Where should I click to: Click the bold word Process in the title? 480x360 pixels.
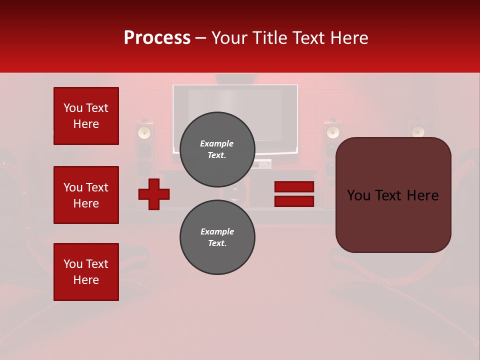(157, 38)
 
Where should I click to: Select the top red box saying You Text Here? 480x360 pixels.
(86, 116)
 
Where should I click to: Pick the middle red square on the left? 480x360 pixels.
(86, 195)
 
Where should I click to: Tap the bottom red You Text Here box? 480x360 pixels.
(86, 272)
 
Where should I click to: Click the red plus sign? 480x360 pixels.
(154, 194)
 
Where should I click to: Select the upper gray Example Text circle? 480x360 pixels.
(217, 149)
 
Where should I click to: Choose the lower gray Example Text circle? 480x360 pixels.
(217, 237)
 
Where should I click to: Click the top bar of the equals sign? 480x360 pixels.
(294, 187)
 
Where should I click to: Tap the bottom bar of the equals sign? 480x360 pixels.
(294, 201)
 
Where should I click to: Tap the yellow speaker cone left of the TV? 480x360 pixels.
(144, 132)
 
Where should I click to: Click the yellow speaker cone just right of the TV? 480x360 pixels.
(332, 132)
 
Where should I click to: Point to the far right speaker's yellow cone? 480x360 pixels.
(418, 132)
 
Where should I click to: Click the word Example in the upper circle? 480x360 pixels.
(217, 143)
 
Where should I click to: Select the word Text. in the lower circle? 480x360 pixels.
(217, 243)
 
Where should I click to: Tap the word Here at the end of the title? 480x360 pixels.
(348, 38)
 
